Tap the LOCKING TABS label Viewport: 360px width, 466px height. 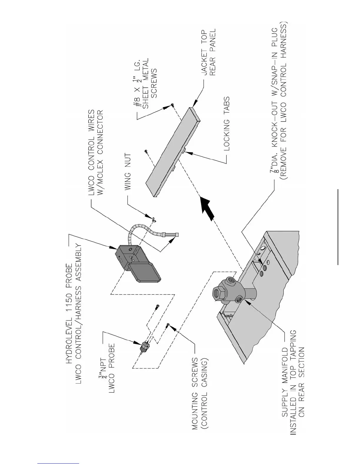(x=226, y=124)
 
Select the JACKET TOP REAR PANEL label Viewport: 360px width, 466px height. (x=208, y=52)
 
